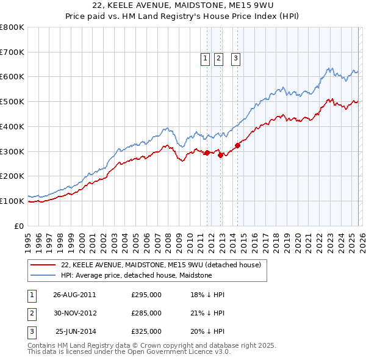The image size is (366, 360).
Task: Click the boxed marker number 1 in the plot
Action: (x=204, y=59)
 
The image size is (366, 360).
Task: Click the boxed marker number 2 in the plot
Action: (x=218, y=59)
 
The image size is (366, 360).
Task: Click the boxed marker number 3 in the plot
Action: (x=235, y=59)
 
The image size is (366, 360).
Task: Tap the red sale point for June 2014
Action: (x=237, y=145)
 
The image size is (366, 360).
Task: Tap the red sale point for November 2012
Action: (x=220, y=155)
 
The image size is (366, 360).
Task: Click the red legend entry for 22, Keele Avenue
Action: (x=161, y=265)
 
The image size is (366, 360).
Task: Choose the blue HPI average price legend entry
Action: (x=136, y=275)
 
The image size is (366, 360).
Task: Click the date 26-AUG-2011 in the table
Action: (x=74, y=295)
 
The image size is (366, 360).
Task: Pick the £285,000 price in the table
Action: (x=146, y=313)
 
